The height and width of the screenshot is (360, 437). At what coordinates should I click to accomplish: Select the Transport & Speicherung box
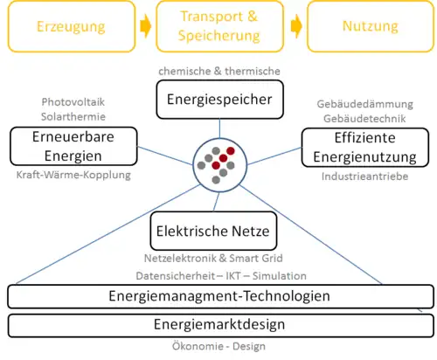(x=219, y=27)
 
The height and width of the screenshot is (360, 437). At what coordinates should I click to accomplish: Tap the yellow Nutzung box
(x=371, y=27)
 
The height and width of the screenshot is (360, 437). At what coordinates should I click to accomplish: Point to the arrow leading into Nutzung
(x=296, y=27)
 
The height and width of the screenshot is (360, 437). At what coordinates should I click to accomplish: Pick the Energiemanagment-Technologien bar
(x=220, y=296)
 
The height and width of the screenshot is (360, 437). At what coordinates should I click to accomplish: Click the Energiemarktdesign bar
(x=220, y=325)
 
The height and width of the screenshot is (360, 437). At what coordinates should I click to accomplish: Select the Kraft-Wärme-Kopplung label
(x=73, y=176)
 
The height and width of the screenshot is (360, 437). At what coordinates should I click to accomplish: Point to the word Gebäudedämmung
(x=365, y=102)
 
